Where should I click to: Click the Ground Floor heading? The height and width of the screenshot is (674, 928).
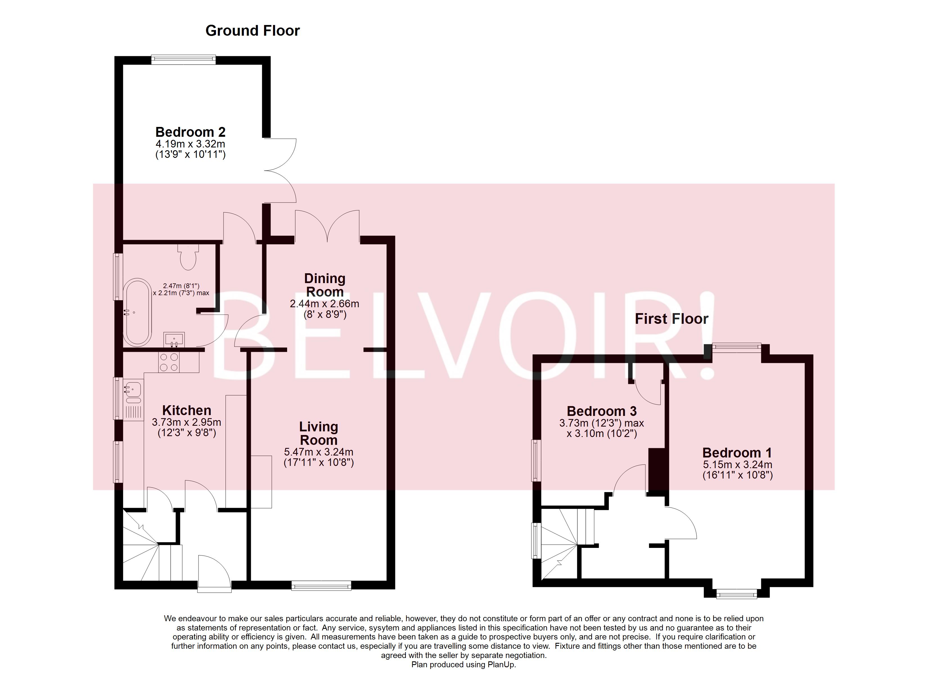(x=253, y=31)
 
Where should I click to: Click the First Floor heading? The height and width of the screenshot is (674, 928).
(x=671, y=319)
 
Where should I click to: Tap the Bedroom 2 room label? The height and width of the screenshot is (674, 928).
(x=190, y=132)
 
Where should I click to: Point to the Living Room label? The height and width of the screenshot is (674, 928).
(x=318, y=433)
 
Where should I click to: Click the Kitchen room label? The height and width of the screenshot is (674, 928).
(x=186, y=410)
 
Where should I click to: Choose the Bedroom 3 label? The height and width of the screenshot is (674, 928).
(x=602, y=411)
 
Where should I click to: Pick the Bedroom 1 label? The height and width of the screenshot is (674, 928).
(x=737, y=453)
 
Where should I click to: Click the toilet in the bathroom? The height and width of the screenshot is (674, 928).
(x=188, y=258)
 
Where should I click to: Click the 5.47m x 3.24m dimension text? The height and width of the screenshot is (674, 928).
(x=318, y=452)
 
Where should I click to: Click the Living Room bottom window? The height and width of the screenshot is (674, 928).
(x=321, y=586)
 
